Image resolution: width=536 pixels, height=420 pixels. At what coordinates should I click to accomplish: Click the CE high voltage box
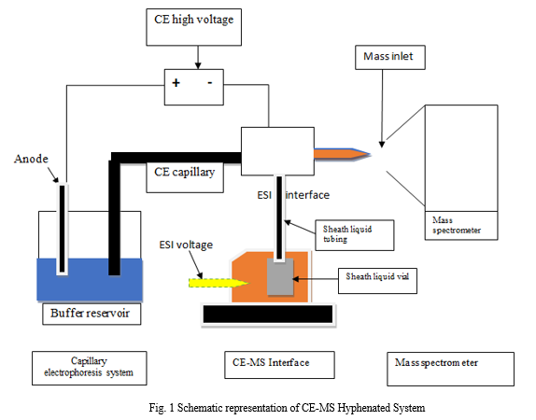194,27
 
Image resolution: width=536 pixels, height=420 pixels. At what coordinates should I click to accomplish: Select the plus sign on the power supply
176,83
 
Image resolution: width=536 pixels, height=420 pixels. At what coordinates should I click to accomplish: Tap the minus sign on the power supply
210,82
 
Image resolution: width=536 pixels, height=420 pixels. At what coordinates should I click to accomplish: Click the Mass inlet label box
390,58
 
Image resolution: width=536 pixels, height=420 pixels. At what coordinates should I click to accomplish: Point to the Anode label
31,159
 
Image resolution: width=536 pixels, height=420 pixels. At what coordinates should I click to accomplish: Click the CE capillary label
185,172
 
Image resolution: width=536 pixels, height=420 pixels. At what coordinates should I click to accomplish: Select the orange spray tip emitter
342,154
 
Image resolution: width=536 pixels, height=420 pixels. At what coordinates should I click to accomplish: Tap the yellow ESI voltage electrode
219,283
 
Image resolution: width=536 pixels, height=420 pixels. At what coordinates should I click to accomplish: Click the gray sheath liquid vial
280,277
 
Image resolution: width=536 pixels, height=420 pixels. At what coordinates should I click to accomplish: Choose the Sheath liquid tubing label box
355,235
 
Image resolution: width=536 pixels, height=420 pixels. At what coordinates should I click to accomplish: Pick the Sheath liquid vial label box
377,281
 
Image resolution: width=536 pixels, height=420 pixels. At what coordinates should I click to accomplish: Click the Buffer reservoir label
92,314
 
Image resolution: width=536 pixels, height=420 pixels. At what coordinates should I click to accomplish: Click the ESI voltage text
186,245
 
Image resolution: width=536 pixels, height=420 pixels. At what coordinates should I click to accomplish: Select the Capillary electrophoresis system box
90,368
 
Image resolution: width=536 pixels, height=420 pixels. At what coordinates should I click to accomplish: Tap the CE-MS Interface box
279,365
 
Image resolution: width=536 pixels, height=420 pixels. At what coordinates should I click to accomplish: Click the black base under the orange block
268,314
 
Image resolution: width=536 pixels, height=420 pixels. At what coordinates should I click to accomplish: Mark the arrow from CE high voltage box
198,58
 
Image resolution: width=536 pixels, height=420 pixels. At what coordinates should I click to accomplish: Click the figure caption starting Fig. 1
287,408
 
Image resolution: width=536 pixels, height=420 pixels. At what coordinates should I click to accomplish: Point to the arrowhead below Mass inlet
382,145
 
